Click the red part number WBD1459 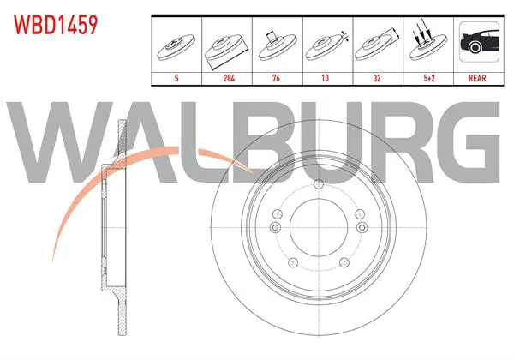click(x=56, y=25)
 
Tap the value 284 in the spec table click(x=229, y=78)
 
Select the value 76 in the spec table click(x=276, y=78)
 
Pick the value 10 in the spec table click(x=325, y=78)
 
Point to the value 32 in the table click(x=377, y=78)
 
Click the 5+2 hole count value click(x=429, y=78)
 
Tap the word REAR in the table click(x=477, y=78)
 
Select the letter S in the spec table click(x=176, y=78)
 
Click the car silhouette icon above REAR click(x=479, y=42)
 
